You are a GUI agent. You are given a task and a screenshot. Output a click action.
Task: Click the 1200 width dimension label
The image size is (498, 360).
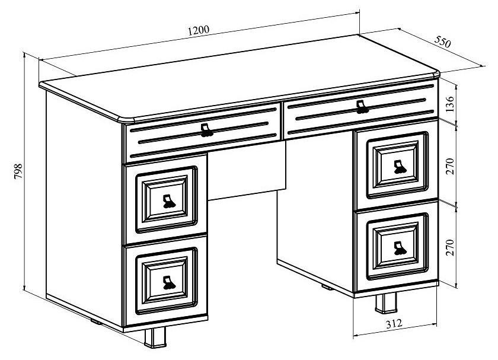pyautogui.click(x=199, y=30)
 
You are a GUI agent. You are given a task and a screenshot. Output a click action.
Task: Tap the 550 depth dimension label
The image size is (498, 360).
pyautogui.click(x=442, y=42)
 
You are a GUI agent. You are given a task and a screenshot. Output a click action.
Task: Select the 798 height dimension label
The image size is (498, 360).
pyautogui.click(x=18, y=171)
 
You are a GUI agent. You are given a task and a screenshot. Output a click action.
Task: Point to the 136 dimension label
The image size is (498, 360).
pyautogui.click(x=450, y=104)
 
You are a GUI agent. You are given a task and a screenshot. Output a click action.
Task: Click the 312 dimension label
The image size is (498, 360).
pyautogui.click(x=394, y=323)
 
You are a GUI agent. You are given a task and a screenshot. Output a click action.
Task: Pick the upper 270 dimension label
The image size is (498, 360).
pyautogui.click(x=450, y=166)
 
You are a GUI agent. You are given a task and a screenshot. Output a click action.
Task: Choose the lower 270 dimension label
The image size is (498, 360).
pyautogui.click(x=450, y=247)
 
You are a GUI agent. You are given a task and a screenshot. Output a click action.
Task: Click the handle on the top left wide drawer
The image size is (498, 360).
pyautogui.click(x=206, y=130)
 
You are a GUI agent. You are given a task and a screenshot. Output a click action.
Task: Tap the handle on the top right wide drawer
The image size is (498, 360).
pyautogui.click(x=362, y=107)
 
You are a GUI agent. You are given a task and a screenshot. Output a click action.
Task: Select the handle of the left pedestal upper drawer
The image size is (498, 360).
pyautogui.click(x=169, y=202)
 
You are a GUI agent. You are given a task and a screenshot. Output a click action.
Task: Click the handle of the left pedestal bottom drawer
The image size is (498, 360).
pyautogui.click(x=169, y=283)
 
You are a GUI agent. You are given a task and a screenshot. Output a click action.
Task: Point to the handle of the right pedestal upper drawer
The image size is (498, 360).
pyautogui.click(x=400, y=167)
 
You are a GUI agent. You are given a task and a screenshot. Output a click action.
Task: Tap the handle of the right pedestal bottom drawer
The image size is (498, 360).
pyautogui.click(x=400, y=248)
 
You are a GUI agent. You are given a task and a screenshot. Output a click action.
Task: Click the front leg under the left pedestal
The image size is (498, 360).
pyautogui.click(x=155, y=337)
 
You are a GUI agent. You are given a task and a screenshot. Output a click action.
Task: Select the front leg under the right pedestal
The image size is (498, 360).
pyautogui.click(x=386, y=303)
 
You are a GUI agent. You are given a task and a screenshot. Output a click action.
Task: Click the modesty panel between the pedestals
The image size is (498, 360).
pyautogui.click(x=247, y=171)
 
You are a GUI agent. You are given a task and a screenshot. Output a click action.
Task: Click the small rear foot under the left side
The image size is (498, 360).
pyautogui.click(x=96, y=322)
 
